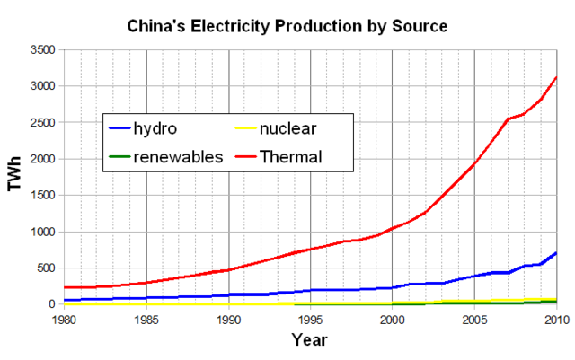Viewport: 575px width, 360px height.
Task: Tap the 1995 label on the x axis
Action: click(x=311, y=320)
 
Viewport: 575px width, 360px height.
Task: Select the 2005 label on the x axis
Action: click(x=474, y=320)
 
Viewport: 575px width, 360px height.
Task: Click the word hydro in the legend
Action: click(x=155, y=128)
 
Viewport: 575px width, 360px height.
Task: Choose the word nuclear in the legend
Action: click(x=291, y=128)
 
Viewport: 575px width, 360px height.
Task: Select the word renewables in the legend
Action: click(x=178, y=157)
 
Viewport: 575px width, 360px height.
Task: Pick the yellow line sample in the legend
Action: click(x=243, y=129)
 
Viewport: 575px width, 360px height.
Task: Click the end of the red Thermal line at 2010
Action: click(x=556, y=77)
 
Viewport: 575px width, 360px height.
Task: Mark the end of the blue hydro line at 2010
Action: click(x=556, y=253)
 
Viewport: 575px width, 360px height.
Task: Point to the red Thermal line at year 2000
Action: click(x=393, y=228)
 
